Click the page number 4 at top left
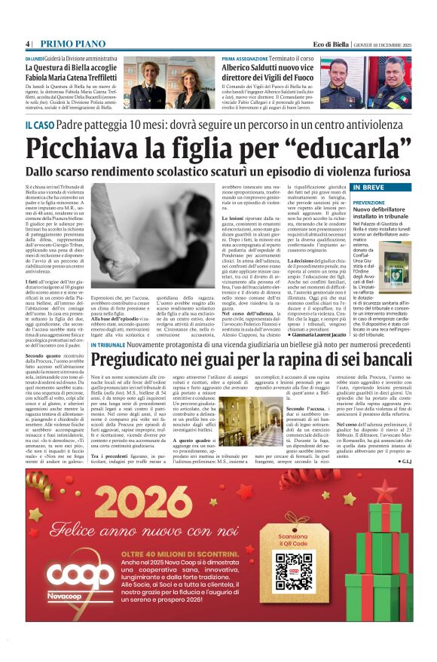click(x=28, y=44)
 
